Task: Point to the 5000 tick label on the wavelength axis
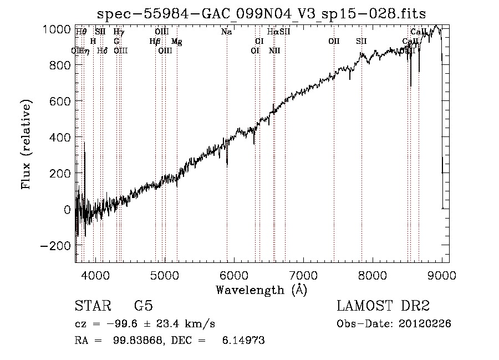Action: [165, 274]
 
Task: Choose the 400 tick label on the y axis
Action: [60, 137]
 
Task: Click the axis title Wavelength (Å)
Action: [261, 289]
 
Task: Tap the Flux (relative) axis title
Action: [26, 144]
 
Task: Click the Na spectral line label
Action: [226, 32]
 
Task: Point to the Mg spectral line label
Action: [176, 42]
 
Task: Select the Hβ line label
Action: [155, 42]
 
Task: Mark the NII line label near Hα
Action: [274, 51]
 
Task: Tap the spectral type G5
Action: [143, 306]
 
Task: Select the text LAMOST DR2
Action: [383, 306]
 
